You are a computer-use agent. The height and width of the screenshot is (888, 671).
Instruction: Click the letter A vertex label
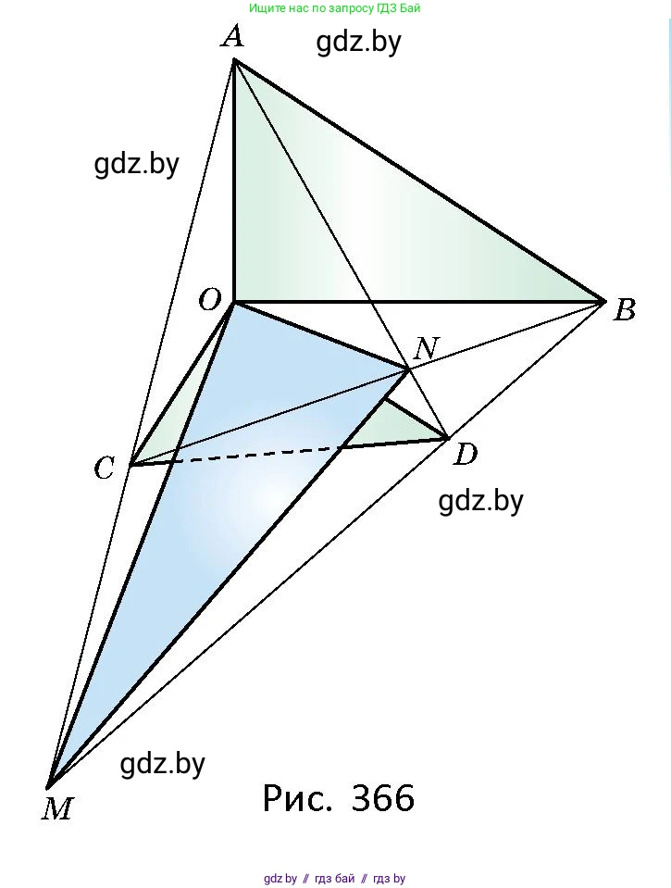[232, 37]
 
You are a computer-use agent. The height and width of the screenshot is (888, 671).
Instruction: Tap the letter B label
[625, 310]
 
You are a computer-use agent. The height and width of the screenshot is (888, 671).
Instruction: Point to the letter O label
[209, 300]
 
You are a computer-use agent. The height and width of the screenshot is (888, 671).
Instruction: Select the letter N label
[426, 349]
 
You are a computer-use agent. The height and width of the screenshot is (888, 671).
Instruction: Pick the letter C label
[104, 469]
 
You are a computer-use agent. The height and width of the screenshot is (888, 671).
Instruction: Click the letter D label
[466, 455]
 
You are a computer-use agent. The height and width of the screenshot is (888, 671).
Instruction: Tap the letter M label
[57, 809]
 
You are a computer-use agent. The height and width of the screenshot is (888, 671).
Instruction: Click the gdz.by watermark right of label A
[358, 43]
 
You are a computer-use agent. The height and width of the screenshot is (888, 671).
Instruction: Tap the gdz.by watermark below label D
[480, 501]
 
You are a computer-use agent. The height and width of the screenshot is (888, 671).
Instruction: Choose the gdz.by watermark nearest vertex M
[163, 764]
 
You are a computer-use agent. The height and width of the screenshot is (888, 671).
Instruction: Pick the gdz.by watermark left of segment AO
[136, 164]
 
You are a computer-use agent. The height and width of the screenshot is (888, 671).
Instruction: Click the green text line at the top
[335, 8]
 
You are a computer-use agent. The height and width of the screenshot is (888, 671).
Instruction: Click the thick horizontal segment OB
[416, 302]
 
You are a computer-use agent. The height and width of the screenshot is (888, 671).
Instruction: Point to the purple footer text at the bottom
[335, 879]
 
